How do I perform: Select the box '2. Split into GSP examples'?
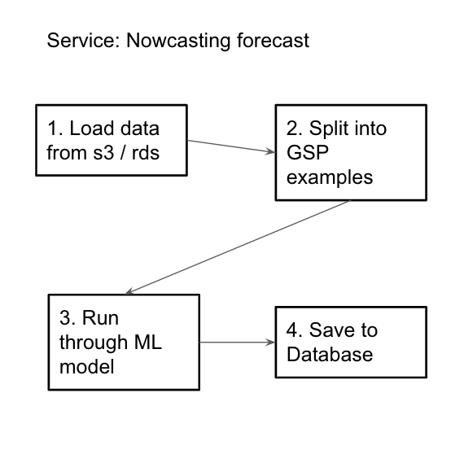coord(350,152)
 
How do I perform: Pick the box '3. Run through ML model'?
coord(123,342)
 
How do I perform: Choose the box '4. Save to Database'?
coord(350,342)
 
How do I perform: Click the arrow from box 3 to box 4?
coord(237,342)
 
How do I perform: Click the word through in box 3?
coord(94,343)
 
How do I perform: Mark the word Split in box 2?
coord(327,129)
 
